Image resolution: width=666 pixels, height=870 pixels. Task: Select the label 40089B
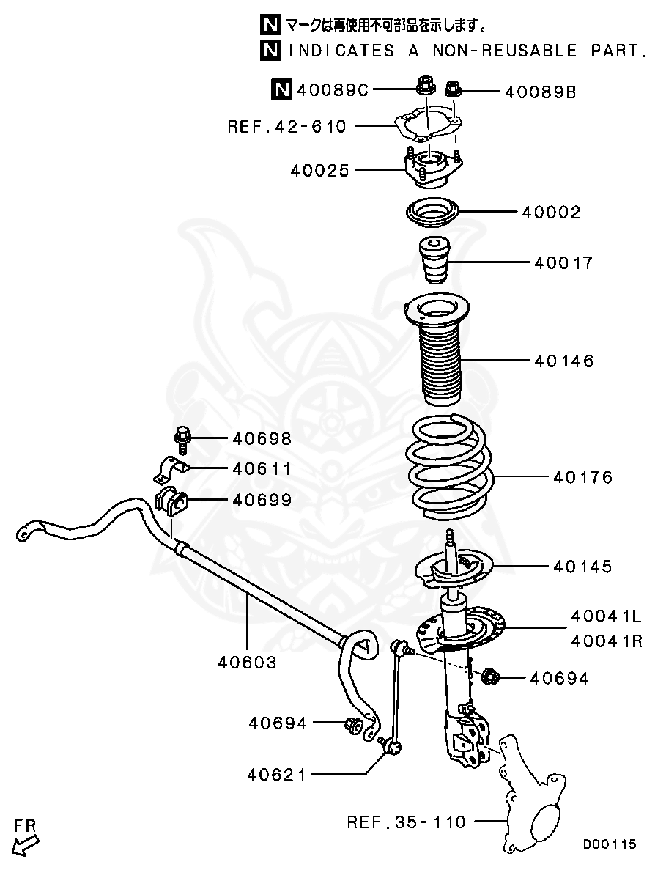(540, 92)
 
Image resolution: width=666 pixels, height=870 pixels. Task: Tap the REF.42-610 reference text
(286, 127)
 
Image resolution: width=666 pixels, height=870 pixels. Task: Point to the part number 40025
(320, 171)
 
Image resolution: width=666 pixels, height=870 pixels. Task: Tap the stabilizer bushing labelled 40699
(172, 501)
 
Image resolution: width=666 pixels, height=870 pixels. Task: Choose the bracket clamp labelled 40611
(170, 469)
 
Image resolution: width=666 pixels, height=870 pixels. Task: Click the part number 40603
(247, 663)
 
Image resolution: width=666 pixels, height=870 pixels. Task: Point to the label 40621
(276, 774)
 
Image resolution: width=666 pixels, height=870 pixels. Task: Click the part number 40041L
(607, 616)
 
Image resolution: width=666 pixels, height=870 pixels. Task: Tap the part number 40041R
(607, 641)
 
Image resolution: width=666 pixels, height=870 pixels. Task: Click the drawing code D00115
(610, 844)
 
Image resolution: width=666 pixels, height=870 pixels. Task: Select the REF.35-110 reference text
(406, 822)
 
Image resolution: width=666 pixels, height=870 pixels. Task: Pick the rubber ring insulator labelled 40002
(432, 213)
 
